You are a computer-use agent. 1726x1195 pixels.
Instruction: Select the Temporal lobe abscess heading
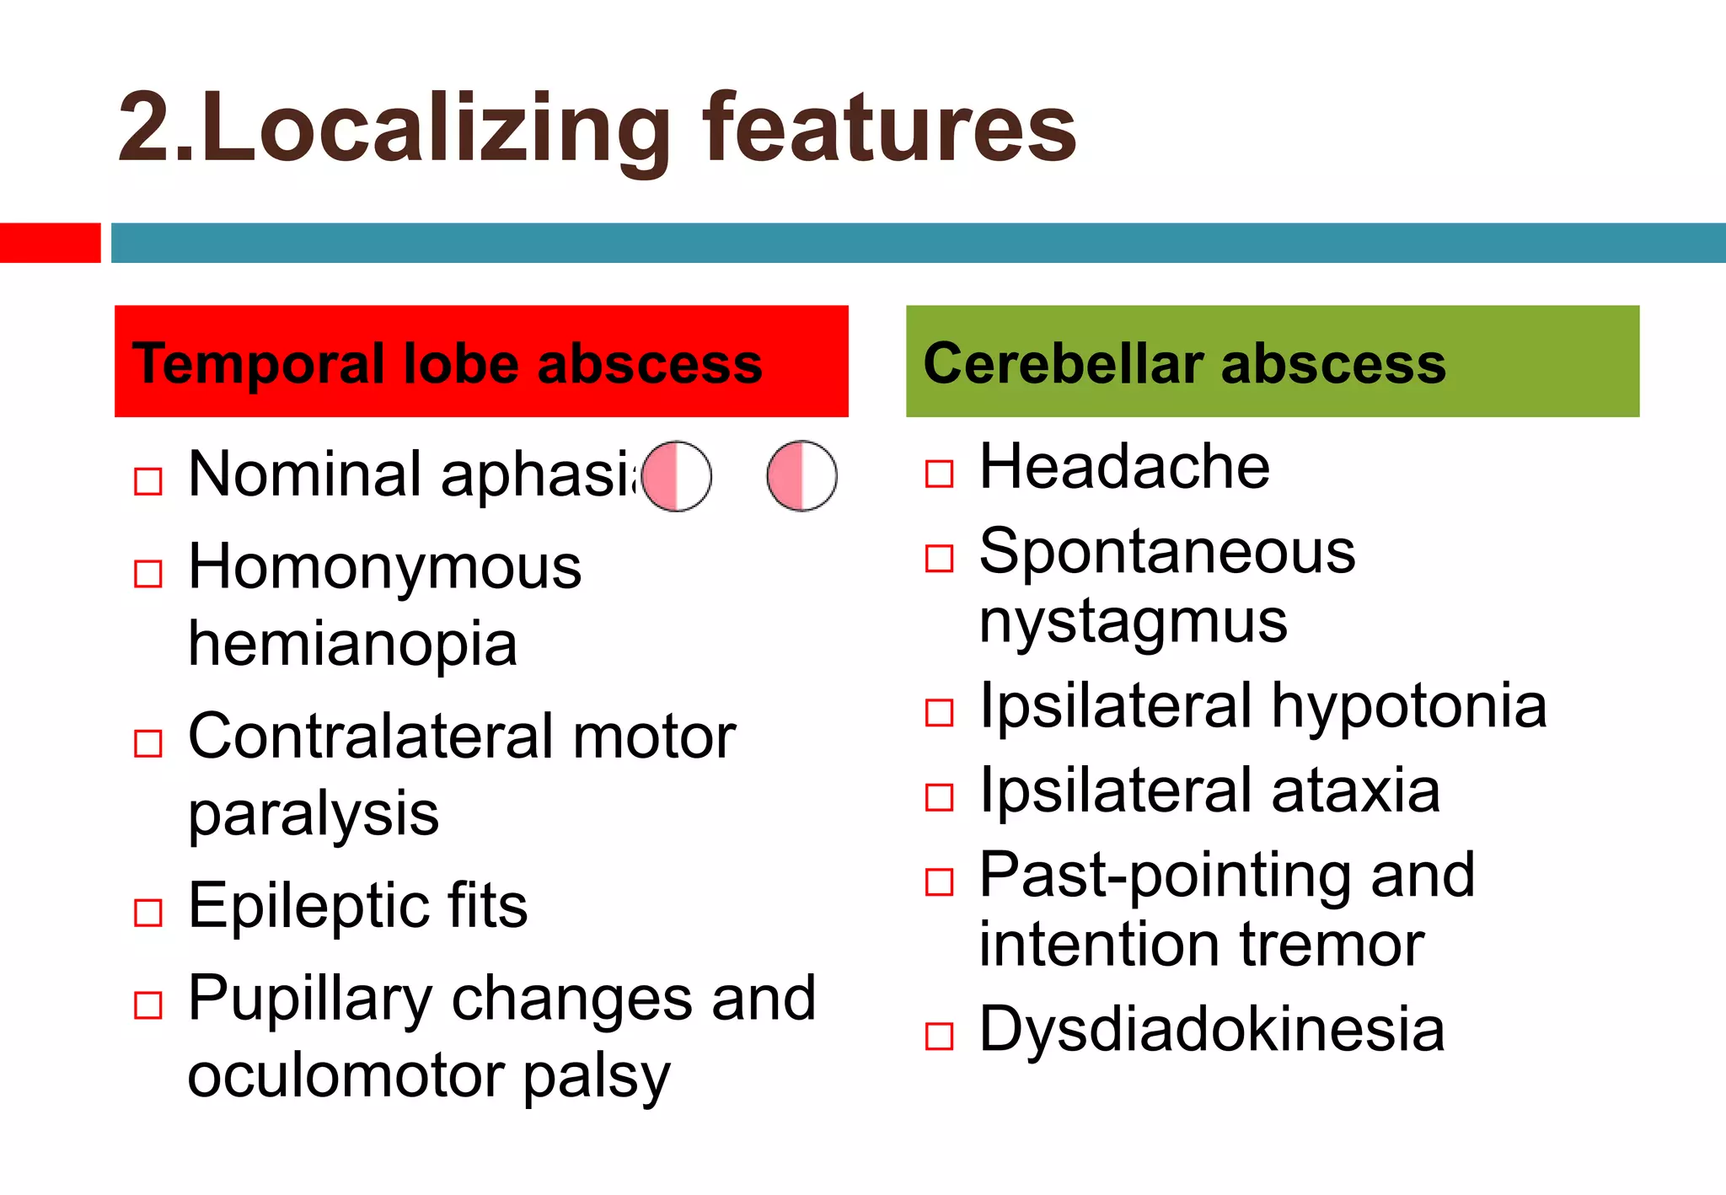coord(448,363)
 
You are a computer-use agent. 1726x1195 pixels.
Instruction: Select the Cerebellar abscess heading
coord(1184,363)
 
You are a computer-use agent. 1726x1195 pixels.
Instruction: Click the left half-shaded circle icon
coord(676,476)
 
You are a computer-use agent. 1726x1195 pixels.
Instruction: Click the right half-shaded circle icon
coord(801,476)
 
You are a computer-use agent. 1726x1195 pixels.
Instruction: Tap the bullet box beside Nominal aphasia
coord(148,481)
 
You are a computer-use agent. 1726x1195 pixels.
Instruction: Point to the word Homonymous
coord(384,566)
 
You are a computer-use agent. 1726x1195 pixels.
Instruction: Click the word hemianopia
coord(352,644)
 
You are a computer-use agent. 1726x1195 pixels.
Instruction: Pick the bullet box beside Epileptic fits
coord(148,913)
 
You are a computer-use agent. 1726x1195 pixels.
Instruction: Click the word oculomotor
coord(345,1076)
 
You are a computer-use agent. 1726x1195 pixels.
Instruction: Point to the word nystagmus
coord(1133,622)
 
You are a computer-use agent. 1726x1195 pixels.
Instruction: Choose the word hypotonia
coord(1408,705)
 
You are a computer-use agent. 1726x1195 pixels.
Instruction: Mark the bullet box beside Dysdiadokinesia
coord(939,1037)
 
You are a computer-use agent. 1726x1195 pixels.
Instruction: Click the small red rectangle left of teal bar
coord(50,243)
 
